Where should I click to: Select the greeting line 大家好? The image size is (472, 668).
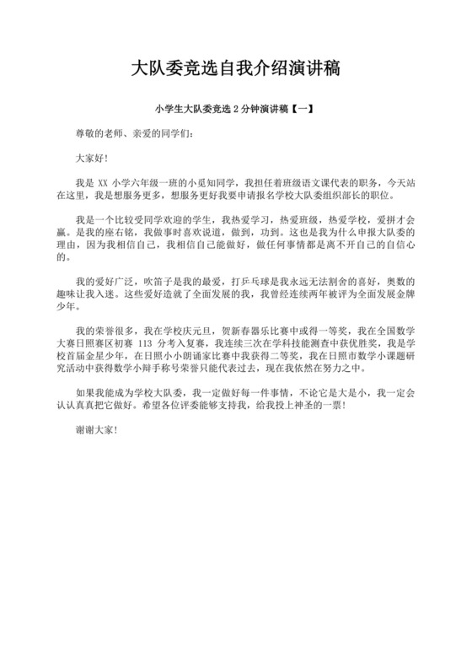[x=92, y=157]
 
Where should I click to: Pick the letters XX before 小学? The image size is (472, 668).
[x=104, y=181]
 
